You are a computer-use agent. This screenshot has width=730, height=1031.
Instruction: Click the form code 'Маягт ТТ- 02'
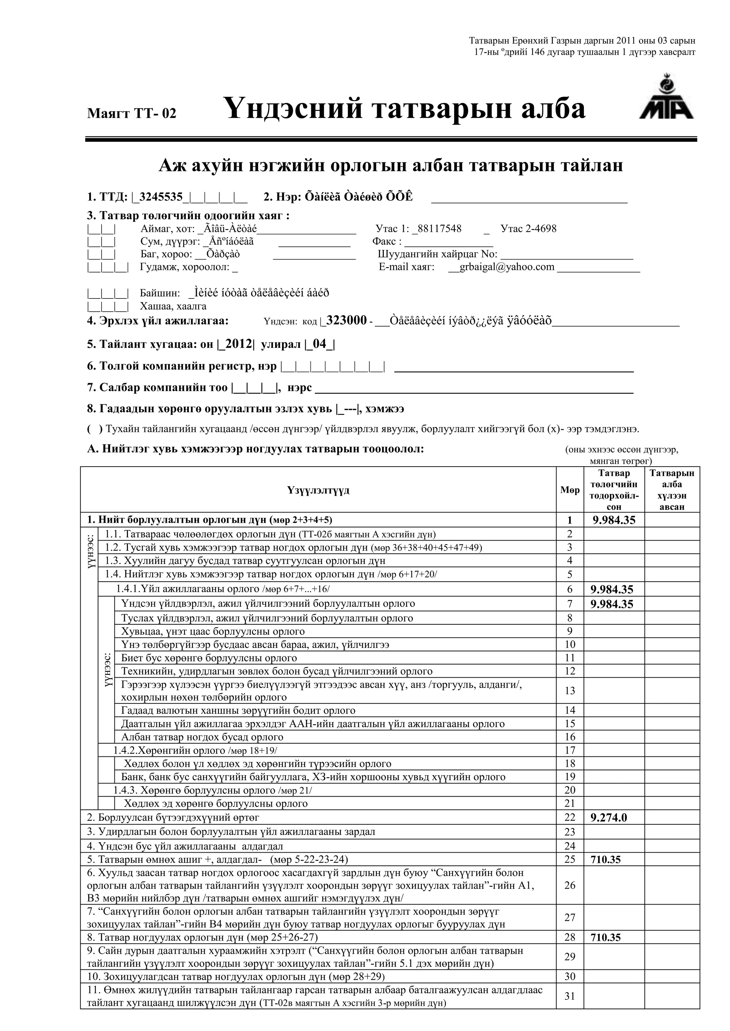[x=132, y=113]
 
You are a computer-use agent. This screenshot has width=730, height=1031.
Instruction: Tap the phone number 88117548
[x=439, y=229]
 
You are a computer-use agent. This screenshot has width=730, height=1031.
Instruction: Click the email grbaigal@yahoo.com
[x=507, y=267]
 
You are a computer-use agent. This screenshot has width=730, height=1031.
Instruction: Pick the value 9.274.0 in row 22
[x=609, y=817]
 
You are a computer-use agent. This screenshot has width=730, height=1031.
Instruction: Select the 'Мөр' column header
[x=570, y=490]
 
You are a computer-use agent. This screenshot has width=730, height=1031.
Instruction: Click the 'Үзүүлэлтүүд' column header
[x=318, y=490]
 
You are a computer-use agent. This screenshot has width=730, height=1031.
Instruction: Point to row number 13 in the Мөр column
[x=570, y=690]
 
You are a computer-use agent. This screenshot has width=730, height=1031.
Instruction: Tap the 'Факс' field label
[x=387, y=241]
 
